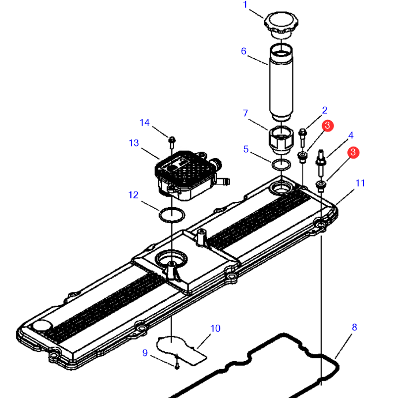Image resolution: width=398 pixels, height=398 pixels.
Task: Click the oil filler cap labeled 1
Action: tap(281, 24)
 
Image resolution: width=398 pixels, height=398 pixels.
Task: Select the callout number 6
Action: tap(243, 51)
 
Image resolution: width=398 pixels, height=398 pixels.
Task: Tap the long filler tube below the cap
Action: tap(281, 82)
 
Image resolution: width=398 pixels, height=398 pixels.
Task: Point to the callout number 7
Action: tap(245, 113)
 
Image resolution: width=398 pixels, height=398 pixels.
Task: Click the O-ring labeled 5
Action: tap(281, 165)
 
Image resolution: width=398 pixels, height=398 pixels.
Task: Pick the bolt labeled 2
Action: tap(303, 138)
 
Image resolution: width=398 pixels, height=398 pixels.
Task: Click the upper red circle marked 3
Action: tap(328, 126)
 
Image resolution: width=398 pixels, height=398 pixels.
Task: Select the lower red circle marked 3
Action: tap(353, 152)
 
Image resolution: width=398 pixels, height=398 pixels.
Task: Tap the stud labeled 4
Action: tap(321, 163)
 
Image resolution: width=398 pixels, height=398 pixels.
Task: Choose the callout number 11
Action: tap(360, 183)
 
